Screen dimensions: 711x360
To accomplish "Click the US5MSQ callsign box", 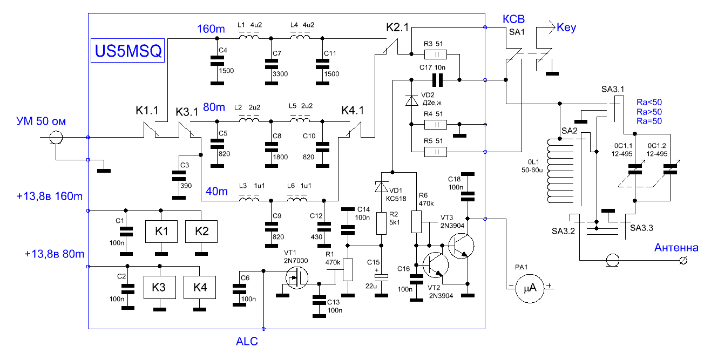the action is [127, 51].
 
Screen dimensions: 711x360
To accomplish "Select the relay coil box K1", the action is [161, 232].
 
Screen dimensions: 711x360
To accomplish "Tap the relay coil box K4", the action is [200, 287].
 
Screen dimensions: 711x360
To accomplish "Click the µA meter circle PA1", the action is [530, 288].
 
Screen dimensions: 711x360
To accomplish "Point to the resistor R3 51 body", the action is [436, 55].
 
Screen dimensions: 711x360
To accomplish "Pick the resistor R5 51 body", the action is [436, 152].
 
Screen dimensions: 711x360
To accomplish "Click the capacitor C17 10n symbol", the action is [437, 80].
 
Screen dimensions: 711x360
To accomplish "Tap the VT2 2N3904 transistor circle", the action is [436, 265].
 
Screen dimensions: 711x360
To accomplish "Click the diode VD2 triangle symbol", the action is [412, 100].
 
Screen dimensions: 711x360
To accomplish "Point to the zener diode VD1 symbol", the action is [381, 187].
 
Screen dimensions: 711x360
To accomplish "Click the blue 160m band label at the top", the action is [211, 29].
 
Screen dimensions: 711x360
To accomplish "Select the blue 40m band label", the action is [216, 191].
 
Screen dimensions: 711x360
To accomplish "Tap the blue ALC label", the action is [247, 341].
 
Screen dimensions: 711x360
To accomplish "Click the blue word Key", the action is [566, 28].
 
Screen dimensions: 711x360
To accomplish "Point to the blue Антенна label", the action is [676, 247].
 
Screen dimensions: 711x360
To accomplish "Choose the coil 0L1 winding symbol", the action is [560, 171].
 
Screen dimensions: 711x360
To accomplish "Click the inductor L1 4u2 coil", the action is [249, 37].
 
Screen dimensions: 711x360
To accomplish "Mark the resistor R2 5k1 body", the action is [381, 223].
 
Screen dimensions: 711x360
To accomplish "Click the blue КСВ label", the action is [513, 19].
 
